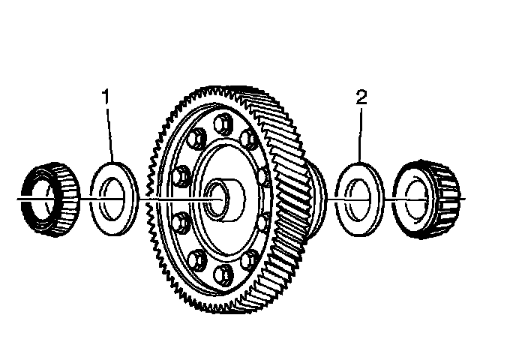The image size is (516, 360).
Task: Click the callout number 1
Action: [107, 96]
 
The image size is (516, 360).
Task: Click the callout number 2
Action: [361, 96]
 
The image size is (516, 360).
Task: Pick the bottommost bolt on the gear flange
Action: [223, 275]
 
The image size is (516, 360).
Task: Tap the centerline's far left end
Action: [16, 198]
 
